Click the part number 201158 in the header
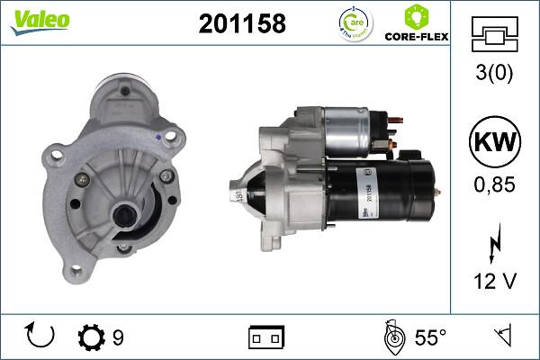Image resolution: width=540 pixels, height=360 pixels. (241, 24)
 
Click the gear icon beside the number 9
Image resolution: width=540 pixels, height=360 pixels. (92, 337)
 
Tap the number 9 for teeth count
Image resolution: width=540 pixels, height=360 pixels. (118, 337)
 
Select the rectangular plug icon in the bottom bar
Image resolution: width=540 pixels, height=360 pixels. (266, 337)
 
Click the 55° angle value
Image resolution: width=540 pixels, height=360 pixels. (429, 337)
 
